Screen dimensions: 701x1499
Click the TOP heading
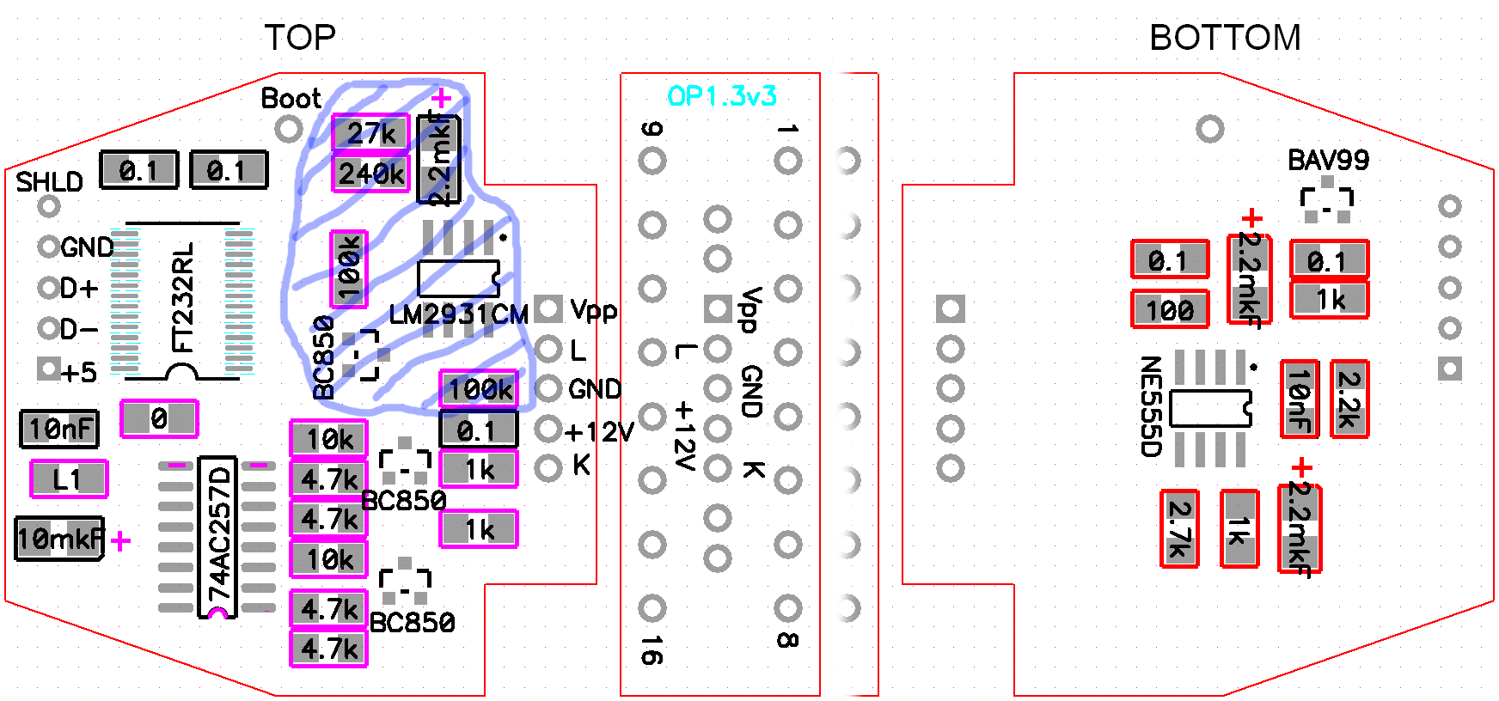pos(299,38)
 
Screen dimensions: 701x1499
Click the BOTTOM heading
pos(1224,38)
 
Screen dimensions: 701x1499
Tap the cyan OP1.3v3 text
pos(721,96)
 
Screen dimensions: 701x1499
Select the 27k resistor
pos(370,133)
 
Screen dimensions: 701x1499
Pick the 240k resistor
pos(370,174)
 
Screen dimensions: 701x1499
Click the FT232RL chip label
pos(183,297)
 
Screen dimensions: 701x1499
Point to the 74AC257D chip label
pos(220,534)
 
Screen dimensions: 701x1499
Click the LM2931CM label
pos(458,314)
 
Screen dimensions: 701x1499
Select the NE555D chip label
pos(1150,406)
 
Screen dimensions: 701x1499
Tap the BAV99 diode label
pos(1327,160)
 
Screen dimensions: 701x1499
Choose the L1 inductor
pos(69,479)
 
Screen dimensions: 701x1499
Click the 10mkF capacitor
pos(59,539)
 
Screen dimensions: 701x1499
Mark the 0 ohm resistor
pos(159,418)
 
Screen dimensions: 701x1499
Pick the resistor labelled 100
pos(1170,309)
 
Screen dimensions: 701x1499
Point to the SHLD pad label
pos(49,182)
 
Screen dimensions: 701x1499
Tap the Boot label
pos(291,99)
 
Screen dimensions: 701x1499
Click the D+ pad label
pos(78,288)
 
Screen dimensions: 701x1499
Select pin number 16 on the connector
pos(652,650)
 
